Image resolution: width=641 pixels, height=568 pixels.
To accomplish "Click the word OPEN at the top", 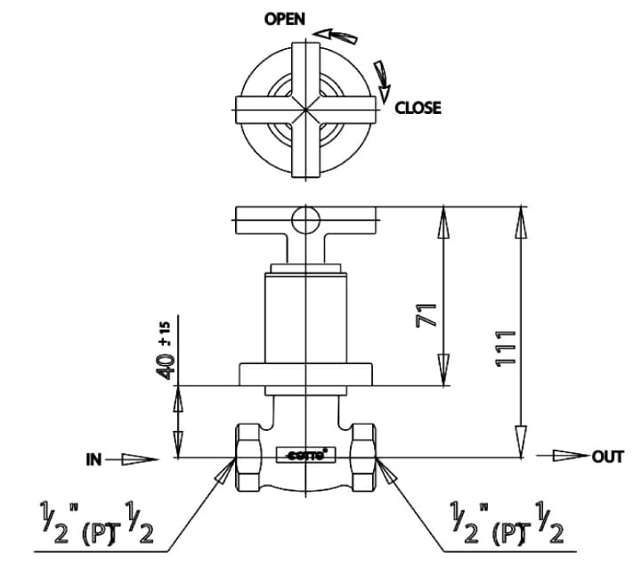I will pyautogui.click(x=284, y=20).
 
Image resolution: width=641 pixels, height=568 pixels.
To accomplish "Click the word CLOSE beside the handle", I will pyautogui.click(x=418, y=108).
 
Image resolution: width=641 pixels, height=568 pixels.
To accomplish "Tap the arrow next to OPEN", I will pyautogui.click(x=337, y=36).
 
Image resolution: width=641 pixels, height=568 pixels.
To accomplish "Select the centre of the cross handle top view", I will pyautogui.click(x=304, y=109).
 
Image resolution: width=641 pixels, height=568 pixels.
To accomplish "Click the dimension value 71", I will pyautogui.click(x=428, y=312).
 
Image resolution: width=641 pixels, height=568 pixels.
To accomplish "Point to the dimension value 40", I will pyautogui.click(x=166, y=366).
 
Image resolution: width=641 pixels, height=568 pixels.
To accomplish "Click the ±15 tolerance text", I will pyautogui.click(x=165, y=331).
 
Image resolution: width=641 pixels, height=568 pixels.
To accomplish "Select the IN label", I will pyautogui.click(x=93, y=459).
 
